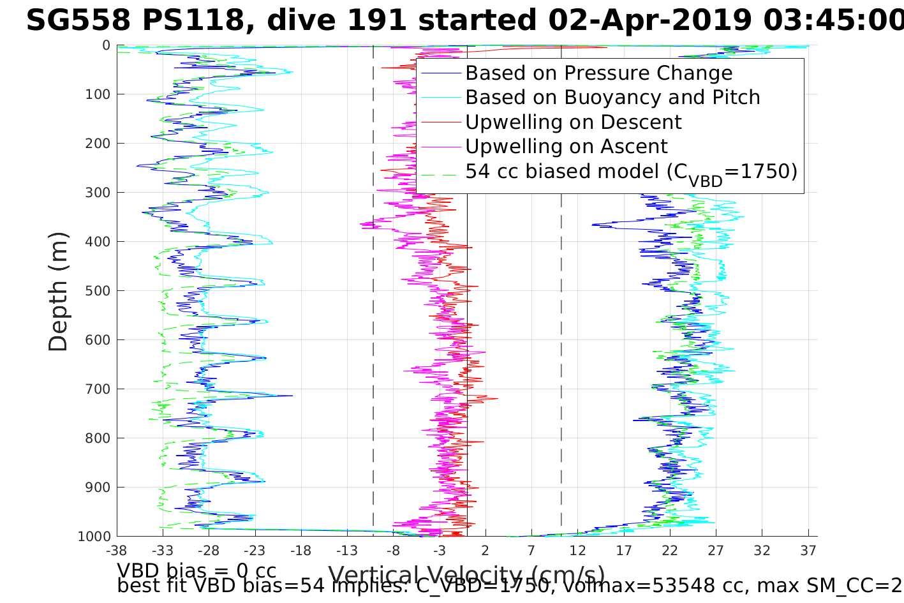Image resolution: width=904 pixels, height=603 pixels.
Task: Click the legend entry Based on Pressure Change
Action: (x=598, y=73)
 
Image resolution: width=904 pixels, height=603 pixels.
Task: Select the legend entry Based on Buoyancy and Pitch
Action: (x=612, y=98)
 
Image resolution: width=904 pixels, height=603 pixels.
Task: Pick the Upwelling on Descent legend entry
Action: (x=573, y=122)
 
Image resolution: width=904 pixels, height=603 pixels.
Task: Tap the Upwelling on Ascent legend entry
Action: (x=566, y=146)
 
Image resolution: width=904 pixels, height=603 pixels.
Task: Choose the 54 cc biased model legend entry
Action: (x=631, y=172)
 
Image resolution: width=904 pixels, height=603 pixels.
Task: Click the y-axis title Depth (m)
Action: (x=58, y=292)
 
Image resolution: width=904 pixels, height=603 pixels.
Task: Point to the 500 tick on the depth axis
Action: (x=98, y=291)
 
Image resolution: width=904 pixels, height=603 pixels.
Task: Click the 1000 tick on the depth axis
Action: (x=94, y=536)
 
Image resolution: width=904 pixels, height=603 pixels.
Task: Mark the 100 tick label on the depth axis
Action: (x=98, y=94)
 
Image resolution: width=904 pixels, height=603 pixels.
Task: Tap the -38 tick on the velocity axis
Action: (x=116, y=550)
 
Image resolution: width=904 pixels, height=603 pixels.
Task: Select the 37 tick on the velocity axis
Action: (x=808, y=550)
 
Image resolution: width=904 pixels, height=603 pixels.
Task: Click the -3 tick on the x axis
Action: (x=439, y=550)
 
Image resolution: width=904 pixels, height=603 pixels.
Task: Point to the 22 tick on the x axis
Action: (x=669, y=550)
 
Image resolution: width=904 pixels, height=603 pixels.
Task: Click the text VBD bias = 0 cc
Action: (x=196, y=570)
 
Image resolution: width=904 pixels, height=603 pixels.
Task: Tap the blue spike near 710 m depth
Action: (x=292, y=396)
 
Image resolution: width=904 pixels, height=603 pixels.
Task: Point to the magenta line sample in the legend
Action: (x=440, y=147)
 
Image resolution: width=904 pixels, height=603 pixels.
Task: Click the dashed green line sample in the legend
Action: (x=440, y=172)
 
